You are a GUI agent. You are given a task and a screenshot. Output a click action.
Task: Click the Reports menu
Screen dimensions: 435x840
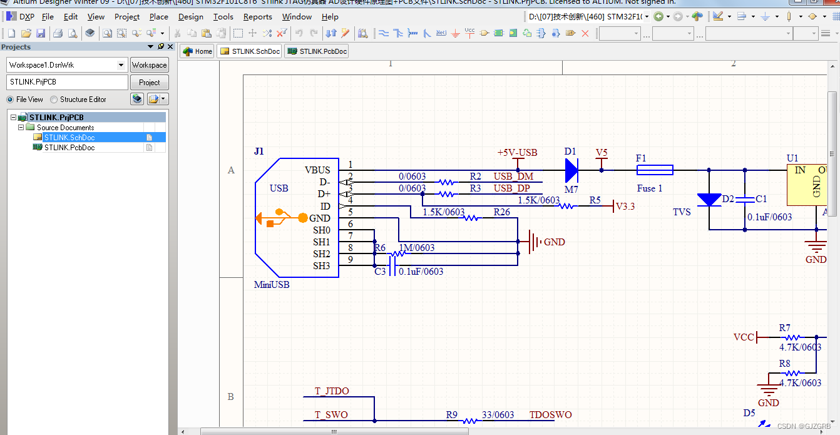[257, 17]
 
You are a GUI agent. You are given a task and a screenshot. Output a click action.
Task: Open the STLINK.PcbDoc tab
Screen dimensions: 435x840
[317, 51]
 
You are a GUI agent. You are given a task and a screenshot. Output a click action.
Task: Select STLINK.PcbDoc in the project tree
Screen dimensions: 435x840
[69, 148]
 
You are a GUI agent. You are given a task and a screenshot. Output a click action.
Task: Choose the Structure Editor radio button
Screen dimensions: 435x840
[54, 100]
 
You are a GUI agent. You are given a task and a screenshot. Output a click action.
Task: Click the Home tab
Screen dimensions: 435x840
[197, 51]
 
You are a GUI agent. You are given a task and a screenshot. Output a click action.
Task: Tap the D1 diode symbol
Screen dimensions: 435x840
[571, 170]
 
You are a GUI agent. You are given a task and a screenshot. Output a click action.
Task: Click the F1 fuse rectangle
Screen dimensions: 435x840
[655, 170]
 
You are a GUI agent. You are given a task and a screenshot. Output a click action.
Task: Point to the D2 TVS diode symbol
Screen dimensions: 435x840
[709, 200]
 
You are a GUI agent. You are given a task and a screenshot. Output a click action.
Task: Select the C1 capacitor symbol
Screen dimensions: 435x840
[745, 200]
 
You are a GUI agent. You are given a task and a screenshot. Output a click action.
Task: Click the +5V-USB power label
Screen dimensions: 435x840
[517, 153]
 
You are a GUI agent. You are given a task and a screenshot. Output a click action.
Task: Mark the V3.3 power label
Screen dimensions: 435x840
[625, 206]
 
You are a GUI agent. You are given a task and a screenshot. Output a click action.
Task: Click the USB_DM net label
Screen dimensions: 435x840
[513, 177]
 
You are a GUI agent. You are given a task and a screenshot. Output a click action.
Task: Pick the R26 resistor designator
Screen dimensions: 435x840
[501, 212]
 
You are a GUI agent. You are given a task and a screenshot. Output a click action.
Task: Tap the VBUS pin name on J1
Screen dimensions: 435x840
[317, 170]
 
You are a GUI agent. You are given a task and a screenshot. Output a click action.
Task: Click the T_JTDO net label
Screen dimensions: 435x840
[332, 391]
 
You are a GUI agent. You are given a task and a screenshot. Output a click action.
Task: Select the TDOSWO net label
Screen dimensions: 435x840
[550, 414]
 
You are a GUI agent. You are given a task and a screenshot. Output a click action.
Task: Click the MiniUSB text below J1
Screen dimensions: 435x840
[272, 285]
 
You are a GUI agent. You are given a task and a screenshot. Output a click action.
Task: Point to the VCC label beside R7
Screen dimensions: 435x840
[744, 337]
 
